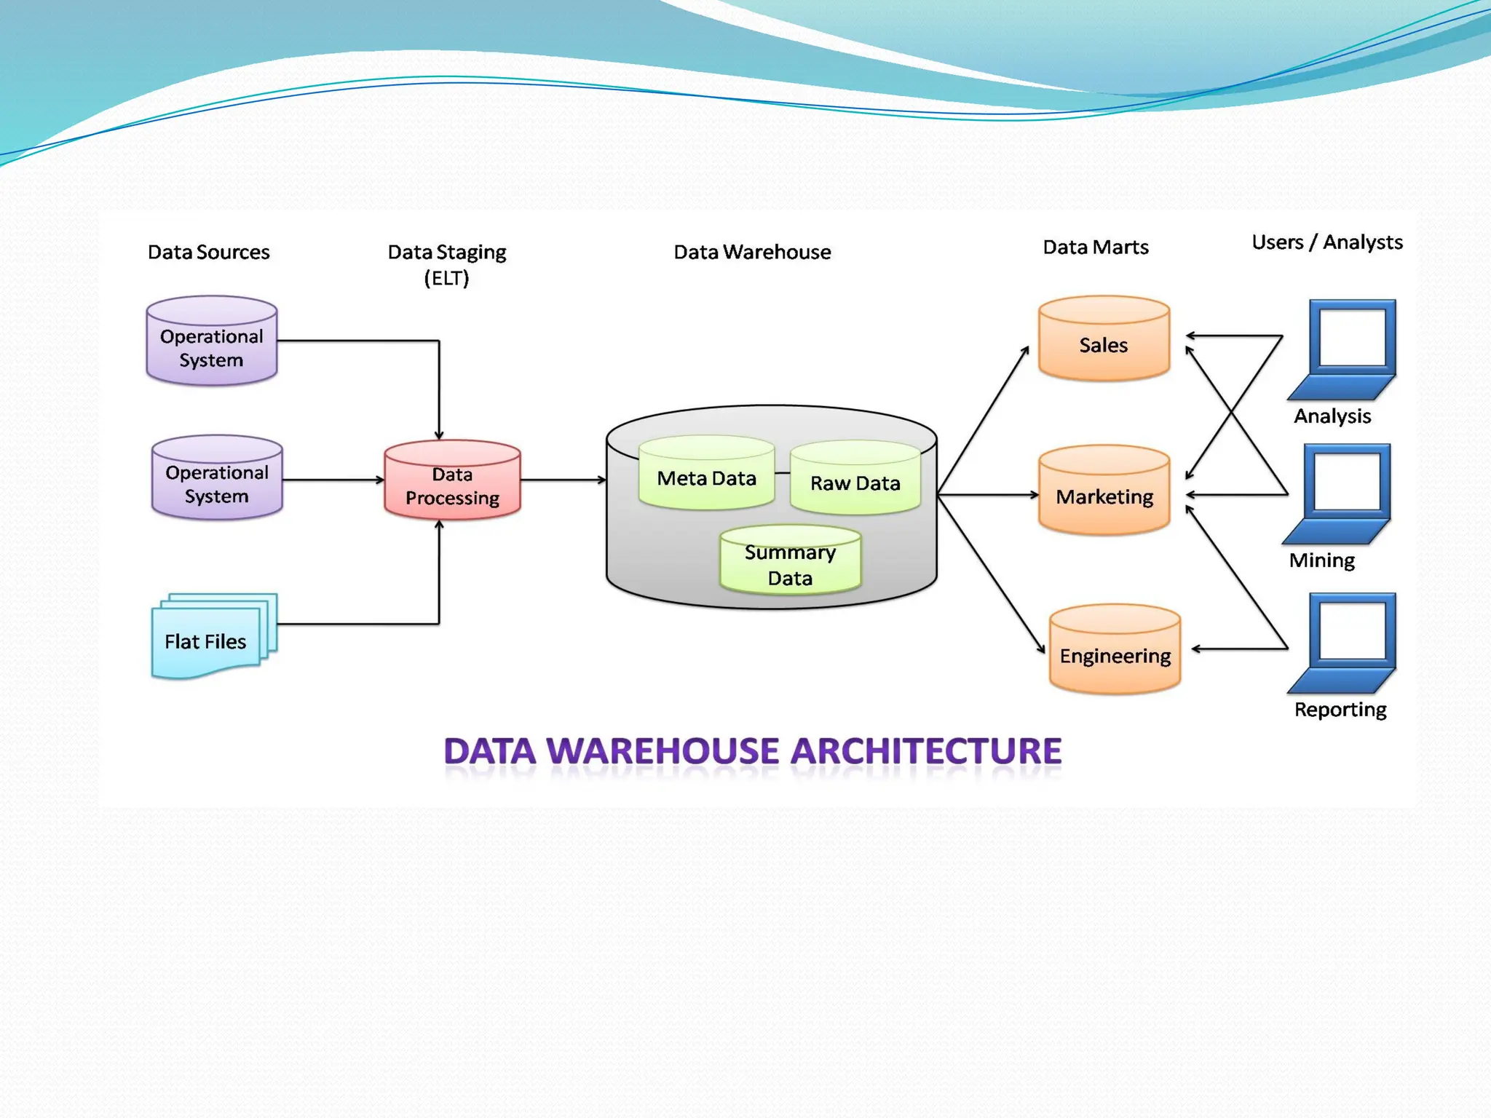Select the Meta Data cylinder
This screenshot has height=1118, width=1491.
coord(706,475)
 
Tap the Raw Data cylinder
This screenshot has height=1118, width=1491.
coord(855,480)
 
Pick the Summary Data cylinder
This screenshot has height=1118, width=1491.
coord(790,562)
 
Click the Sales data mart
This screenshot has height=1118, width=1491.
coord(1104,341)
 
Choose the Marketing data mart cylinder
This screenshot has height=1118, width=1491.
coord(1104,493)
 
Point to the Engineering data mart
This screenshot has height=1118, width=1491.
coord(1115,651)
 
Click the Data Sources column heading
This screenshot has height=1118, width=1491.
coord(208,252)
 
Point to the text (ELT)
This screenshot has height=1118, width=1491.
coord(446,278)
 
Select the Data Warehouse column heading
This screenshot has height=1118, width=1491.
coord(752,252)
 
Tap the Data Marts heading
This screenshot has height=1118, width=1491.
coord(1095,247)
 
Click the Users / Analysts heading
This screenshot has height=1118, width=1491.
coord(1326,242)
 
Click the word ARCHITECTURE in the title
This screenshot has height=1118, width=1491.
coord(925,752)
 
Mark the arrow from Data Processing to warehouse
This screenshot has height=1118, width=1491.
coord(563,480)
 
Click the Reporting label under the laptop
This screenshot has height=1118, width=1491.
coord(1340,709)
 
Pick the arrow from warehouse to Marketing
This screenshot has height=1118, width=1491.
coord(987,495)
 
